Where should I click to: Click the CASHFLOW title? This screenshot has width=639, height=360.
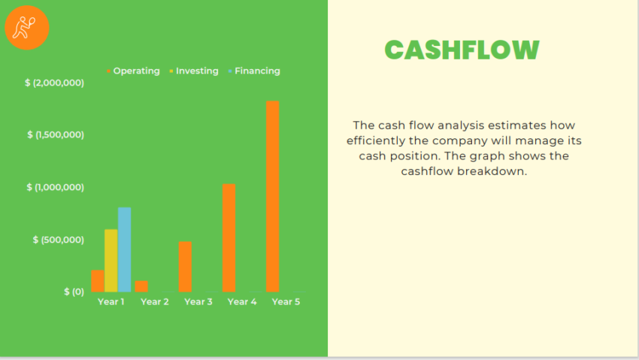point(462,50)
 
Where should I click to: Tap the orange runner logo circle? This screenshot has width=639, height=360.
point(27,28)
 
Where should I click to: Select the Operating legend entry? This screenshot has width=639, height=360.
point(135,71)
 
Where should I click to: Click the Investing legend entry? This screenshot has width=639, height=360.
point(196,71)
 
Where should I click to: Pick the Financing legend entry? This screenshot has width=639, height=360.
point(256,71)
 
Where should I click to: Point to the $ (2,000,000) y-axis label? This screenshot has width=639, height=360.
point(54,83)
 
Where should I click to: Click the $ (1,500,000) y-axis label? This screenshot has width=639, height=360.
point(56,135)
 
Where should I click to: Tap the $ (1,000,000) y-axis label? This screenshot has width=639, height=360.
point(56,187)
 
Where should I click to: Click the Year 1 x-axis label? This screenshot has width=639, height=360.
point(111,301)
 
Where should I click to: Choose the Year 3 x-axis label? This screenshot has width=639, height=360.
point(198,301)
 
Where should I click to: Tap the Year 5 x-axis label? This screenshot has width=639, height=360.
point(286,301)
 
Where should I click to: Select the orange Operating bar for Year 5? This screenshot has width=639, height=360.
point(272,196)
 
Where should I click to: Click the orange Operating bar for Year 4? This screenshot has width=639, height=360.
point(229,237)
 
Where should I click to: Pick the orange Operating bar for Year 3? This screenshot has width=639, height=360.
point(185,267)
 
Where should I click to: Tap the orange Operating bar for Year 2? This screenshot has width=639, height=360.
point(141,286)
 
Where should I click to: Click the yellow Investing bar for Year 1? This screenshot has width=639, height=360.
point(111,260)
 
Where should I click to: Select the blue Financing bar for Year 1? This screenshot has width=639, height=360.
point(124,250)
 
